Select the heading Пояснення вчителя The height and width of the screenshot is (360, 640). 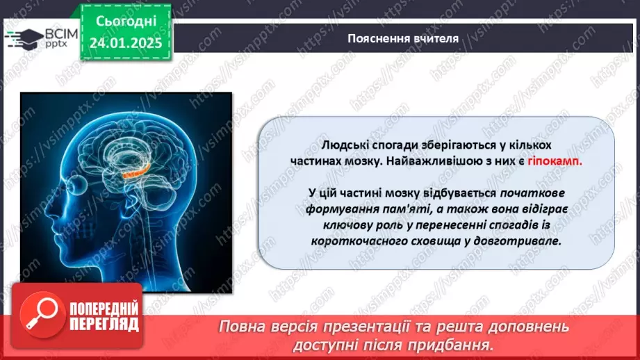403,38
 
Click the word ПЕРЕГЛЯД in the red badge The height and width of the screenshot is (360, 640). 104,325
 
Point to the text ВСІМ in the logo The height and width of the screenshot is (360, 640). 44,33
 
